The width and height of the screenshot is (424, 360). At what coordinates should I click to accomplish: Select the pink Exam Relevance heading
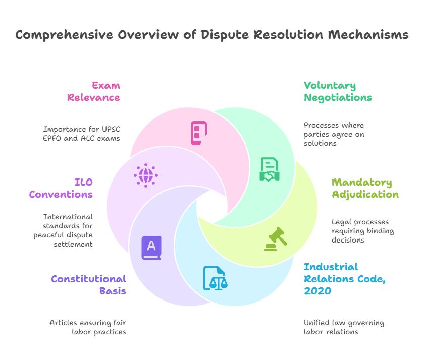pos(94,91)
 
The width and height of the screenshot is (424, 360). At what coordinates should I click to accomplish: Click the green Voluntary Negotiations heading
pos(338,91)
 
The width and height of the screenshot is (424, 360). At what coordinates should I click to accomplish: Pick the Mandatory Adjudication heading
pos(365,188)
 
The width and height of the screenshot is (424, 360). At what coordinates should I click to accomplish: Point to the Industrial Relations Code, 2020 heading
pos(344,279)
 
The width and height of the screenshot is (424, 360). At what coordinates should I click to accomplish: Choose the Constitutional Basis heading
pos(88,285)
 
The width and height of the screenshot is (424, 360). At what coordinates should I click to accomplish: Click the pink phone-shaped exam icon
pos(198,133)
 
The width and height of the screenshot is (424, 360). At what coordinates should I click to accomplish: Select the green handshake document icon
pos(270,169)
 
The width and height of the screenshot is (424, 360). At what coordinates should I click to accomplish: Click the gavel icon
pos(276,239)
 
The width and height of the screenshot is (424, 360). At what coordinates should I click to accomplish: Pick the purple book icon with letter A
pos(151,248)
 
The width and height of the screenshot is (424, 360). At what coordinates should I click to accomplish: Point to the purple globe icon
pos(146,175)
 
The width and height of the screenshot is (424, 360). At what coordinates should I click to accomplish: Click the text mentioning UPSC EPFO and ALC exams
pos(82,134)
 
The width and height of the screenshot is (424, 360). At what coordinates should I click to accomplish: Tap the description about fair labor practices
pos(88,327)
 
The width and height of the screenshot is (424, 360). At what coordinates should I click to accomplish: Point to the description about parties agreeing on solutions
pos(334,134)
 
